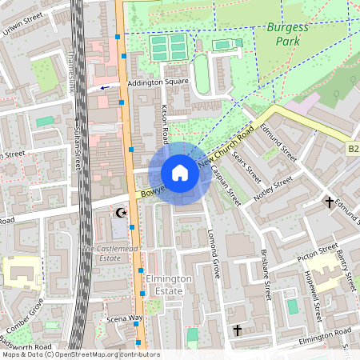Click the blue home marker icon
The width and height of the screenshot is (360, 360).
click(180, 173)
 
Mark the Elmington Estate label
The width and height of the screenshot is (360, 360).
click(169, 284)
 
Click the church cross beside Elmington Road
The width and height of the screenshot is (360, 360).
click(237, 329)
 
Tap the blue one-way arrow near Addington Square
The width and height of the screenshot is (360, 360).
click(104, 88)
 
